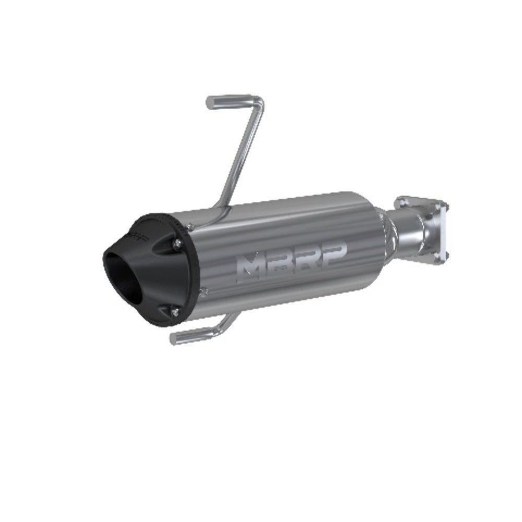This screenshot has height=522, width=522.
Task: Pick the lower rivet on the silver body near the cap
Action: [205, 290]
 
